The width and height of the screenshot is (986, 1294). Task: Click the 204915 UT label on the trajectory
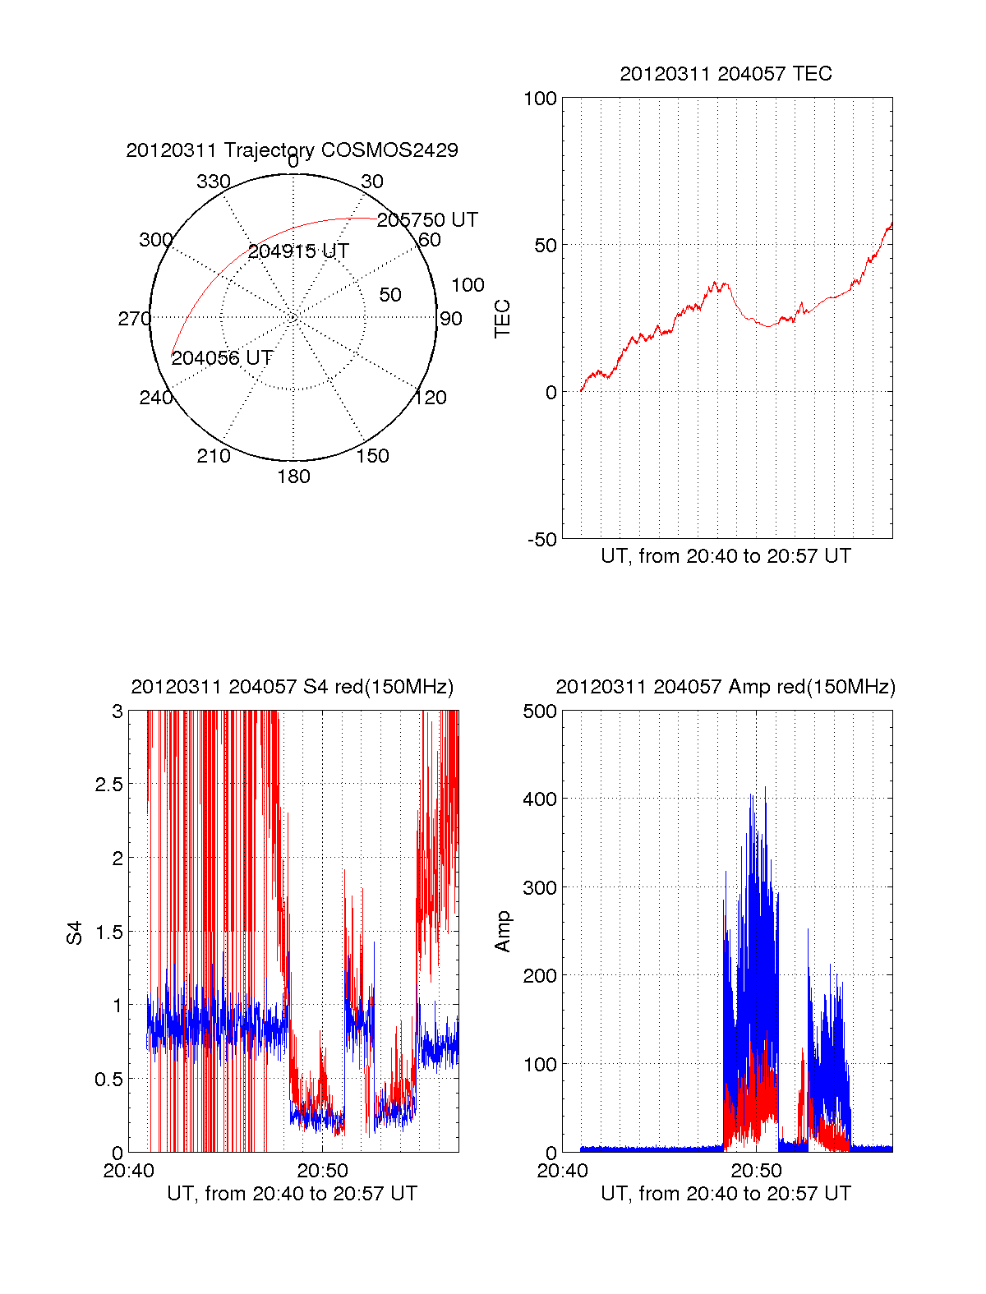[298, 251]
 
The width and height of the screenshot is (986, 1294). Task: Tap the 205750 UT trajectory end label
[427, 220]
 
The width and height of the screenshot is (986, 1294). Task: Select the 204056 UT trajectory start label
[222, 358]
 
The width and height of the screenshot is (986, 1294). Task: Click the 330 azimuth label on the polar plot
[213, 182]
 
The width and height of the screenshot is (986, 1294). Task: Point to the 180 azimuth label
[293, 477]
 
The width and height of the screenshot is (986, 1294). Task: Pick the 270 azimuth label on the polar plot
[134, 319]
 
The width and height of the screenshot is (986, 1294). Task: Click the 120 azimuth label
[430, 398]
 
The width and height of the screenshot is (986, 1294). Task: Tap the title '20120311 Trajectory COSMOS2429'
[292, 150]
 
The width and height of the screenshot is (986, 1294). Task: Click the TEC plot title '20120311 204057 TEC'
[726, 74]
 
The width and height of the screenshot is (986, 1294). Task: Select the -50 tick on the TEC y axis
[541, 540]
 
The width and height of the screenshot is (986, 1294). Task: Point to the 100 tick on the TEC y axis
[540, 99]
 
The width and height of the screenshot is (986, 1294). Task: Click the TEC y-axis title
[502, 319]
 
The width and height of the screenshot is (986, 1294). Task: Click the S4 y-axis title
[75, 933]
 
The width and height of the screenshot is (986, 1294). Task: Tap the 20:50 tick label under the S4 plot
[322, 1171]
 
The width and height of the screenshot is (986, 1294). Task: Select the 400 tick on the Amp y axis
[540, 799]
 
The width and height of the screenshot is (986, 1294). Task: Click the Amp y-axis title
[502, 932]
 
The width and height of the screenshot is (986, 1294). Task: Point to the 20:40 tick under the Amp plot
[562, 1171]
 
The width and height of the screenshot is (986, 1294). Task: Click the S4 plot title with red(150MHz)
[292, 687]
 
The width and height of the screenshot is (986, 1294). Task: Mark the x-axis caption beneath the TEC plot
[726, 556]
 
